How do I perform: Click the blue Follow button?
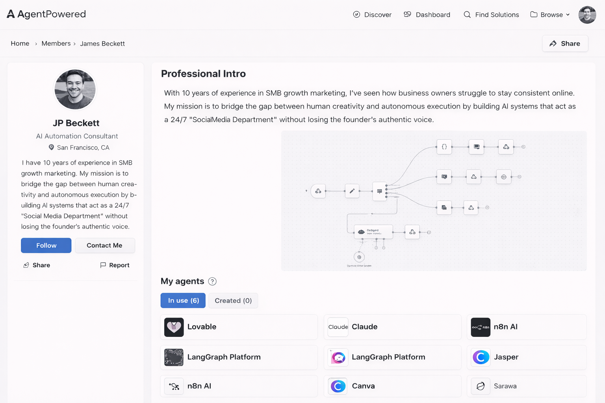46,246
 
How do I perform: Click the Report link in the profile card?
115,265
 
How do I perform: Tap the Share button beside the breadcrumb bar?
565,44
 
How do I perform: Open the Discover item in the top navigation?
372,15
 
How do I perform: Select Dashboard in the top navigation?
427,15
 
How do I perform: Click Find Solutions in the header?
491,15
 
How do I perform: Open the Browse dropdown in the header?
550,15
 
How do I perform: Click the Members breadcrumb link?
56,44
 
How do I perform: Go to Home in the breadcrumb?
20,44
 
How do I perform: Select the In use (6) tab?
183,301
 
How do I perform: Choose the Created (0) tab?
233,301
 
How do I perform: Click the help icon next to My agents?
212,281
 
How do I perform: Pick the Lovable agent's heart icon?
174,327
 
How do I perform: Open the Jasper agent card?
526,357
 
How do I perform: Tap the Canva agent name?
363,386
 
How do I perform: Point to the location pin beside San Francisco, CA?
51,147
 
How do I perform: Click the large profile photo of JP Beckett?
75,89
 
